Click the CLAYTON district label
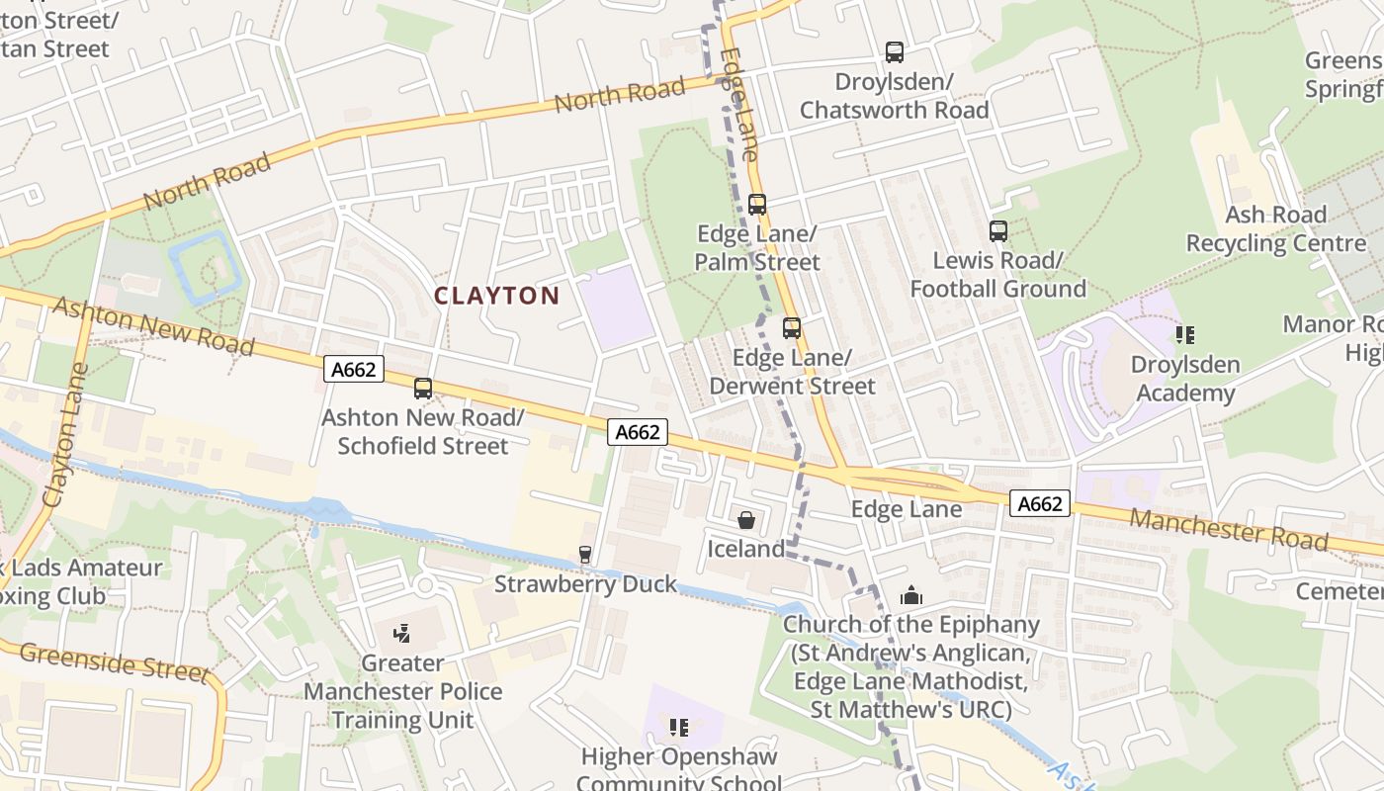[496, 296]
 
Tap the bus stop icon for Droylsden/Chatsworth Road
[895, 52]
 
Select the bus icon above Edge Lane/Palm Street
[757, 205]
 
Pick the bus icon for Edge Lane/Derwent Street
[792, 328]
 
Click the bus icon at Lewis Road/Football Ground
[998, 231]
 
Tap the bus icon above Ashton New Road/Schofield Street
[423, 389]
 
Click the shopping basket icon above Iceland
[746, 519]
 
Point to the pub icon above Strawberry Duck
[585, 555]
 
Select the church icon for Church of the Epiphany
[910, 595]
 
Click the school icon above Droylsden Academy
[1185, 336]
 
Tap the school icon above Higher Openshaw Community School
[678, 728]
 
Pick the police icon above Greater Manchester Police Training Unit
[402, 634]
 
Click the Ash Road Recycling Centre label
[1275, 228]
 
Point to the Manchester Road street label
[1228, 529]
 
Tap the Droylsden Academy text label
[1184, 379]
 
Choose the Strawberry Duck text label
[585, 583]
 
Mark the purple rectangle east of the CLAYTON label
[615, 307]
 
